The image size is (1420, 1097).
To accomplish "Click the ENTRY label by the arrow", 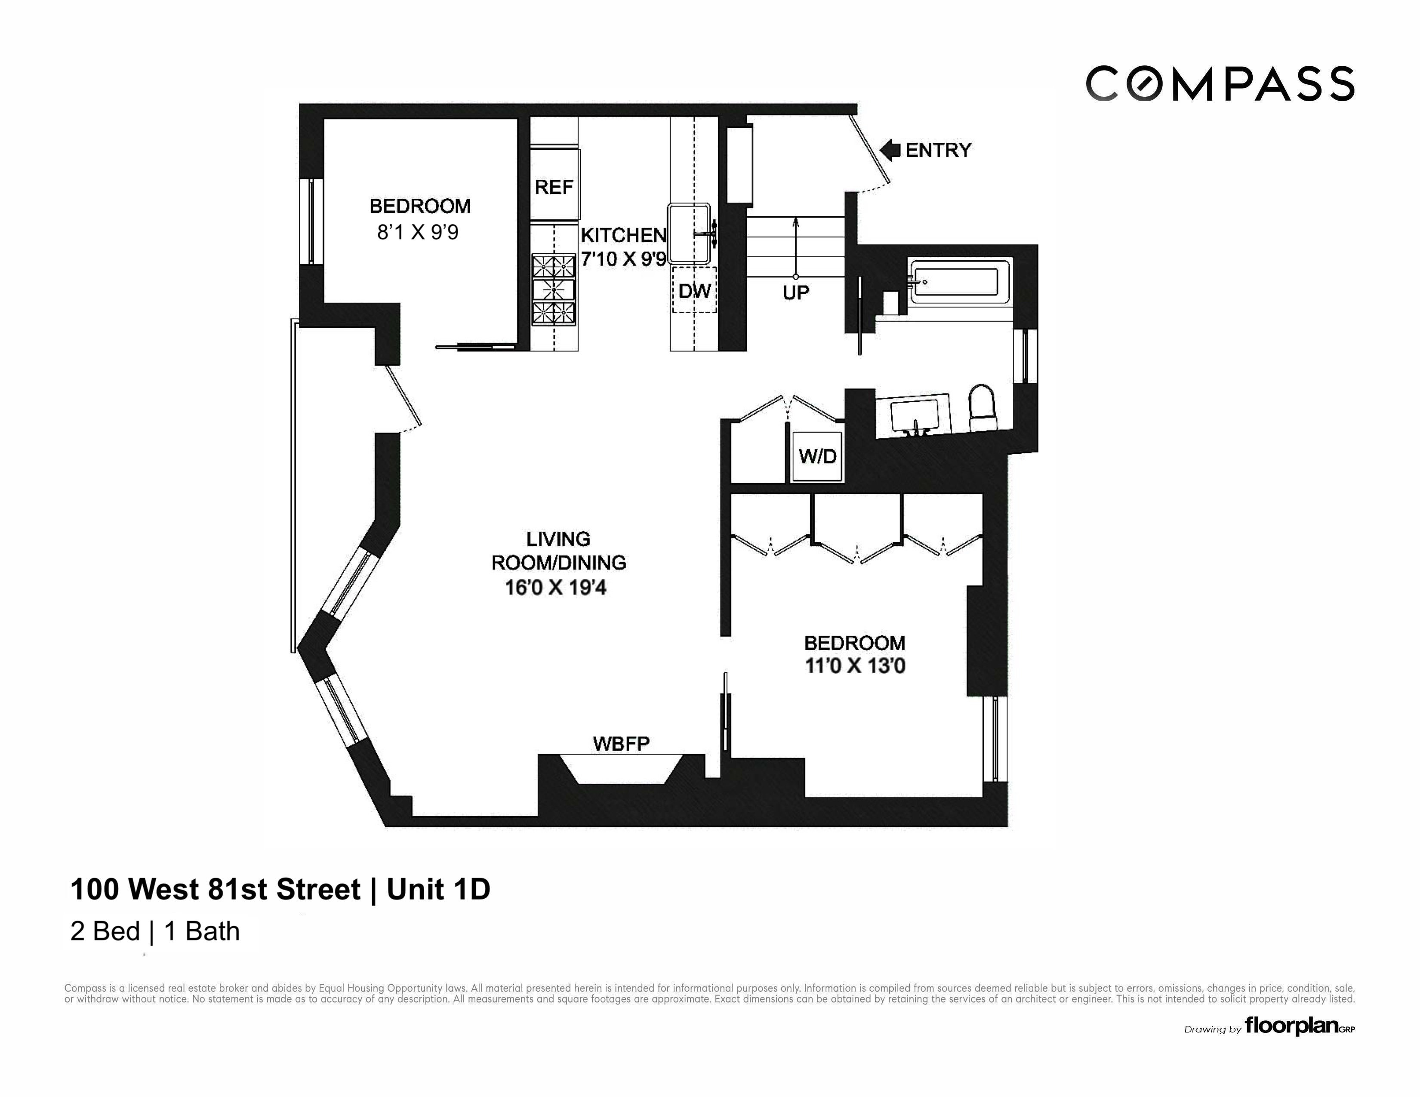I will point(938,150).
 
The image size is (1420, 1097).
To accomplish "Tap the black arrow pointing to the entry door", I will point(889,150).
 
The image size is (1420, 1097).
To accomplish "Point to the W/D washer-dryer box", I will point(817,456).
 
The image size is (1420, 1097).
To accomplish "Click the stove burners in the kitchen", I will point(554,290).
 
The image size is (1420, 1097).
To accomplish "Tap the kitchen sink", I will point(689,234).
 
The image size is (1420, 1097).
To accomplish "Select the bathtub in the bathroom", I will point(955,282).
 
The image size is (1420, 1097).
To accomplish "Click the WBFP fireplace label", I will point(621,743).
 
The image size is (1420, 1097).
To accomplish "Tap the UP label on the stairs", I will point(796,293).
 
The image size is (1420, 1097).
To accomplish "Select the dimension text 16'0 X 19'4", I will point(555,588).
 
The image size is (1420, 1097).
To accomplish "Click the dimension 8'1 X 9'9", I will point(418,232).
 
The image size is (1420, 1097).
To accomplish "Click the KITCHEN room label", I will point(623,235).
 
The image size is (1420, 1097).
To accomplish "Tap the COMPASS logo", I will point(1220,84).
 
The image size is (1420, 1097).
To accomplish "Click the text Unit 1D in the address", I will point(438,890).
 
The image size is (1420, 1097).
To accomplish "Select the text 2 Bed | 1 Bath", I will point(155,931).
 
